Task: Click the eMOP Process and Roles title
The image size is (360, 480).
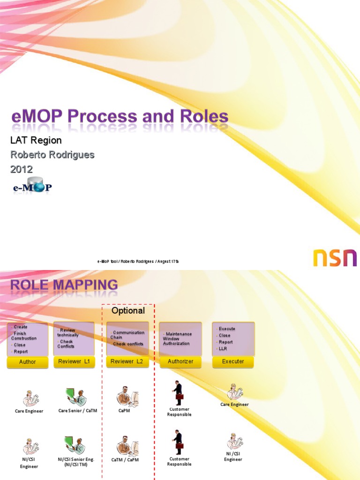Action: coord(120,117)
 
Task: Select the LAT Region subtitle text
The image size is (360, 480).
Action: coord(36,140)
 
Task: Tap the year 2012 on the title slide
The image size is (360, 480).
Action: coord(22,169)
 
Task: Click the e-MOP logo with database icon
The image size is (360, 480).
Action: coord(32,186)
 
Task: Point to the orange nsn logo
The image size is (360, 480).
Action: coord(335,258)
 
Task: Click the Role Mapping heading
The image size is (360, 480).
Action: coord(64,285)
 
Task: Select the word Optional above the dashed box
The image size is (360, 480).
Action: coord(128,311)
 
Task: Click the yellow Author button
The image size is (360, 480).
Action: coord(27,362)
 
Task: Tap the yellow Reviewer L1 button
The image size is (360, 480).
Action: coord(74,361)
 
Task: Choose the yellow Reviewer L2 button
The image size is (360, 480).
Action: coord(128,361)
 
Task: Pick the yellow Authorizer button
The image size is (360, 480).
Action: coord(180,362)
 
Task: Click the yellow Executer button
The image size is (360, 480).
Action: coord(233,362)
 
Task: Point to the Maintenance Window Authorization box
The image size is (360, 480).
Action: coord(180,339)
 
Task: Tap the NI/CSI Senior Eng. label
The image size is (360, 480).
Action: coord(76,462)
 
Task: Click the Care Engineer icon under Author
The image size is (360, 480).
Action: coord(29,398)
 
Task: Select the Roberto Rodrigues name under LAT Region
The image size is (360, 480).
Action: coord(52,155)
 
